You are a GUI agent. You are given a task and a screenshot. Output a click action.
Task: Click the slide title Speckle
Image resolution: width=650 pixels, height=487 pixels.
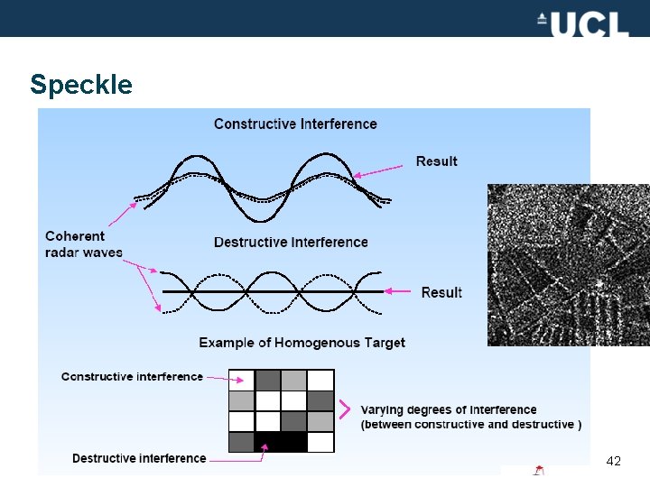click(x=81, y=85)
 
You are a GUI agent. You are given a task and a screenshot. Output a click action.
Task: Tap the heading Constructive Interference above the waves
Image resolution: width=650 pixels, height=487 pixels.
click(x=295, y=124)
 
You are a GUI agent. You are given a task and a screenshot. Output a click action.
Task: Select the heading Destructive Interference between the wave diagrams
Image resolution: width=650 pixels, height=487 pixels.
click(x=291, y=242)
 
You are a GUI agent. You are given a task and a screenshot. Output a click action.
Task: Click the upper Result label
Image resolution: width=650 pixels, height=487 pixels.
click(x=437, y=161)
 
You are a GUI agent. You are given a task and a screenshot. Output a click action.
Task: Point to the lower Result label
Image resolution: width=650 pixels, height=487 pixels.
click(x=441, y=292)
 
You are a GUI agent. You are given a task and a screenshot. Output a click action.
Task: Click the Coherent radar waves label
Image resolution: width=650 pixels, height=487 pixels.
click(x=83, y=244)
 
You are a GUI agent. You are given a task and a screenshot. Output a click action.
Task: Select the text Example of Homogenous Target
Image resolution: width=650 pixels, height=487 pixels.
click(x=302, y=343)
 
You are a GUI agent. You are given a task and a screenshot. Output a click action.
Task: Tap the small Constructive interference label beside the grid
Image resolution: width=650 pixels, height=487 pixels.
click(x=132, y=376)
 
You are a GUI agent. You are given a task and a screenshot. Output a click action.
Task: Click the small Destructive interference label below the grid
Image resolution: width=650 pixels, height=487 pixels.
click(x=139, y=458)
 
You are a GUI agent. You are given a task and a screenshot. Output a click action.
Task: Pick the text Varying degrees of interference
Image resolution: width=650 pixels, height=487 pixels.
click(x=449, y=410)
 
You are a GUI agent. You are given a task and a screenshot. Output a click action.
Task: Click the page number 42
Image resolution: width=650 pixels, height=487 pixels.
click(x=614, y=462)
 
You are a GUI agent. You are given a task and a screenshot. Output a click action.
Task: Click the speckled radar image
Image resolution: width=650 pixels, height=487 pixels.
click(x=569, y=265)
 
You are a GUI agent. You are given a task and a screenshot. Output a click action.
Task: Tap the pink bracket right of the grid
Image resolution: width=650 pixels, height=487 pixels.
click(x=344, y=410)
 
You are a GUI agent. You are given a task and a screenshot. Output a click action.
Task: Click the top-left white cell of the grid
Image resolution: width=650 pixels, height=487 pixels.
click(x=241, y=380)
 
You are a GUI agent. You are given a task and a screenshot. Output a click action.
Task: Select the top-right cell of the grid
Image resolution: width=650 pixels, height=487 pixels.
click(x=320, y=380)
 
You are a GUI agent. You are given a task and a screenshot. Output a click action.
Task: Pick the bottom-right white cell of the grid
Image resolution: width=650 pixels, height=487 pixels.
click(x=320, y=442)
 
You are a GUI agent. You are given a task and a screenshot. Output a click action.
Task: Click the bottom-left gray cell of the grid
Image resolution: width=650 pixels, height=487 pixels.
click(x=241, y=442)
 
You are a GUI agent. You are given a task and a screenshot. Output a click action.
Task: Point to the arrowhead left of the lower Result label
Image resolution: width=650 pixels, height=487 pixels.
click(x=388, y=291)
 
